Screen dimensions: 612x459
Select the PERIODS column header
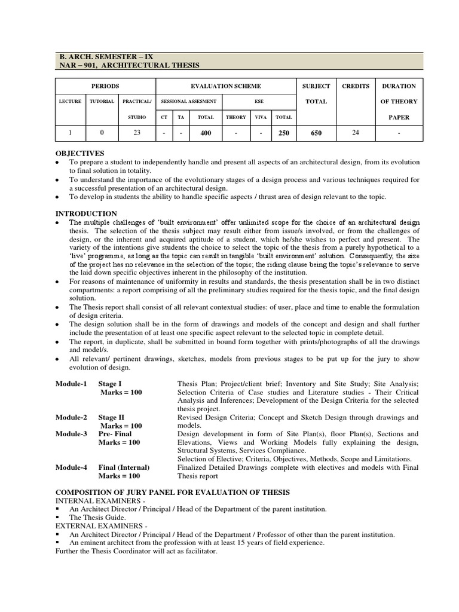point(105,86)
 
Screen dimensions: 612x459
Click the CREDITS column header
point(356,86)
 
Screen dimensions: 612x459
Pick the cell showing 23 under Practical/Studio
point(137,133)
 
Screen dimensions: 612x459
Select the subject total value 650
point(316,133)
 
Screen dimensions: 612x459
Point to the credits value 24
point(356,133)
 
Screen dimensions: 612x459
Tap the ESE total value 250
point(283,133)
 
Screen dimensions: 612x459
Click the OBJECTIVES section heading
point(80,154)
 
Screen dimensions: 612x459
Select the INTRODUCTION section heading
point(86,213)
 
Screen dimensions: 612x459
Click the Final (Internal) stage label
point(124,467)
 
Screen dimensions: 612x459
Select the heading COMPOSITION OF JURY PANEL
point(172,491)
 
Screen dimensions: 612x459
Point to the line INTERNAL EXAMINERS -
point(96,500)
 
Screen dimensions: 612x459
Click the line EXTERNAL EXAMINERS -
point(96,525)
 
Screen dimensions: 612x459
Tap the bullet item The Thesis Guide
point(97,517)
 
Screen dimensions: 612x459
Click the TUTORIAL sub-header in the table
point(102,102)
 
